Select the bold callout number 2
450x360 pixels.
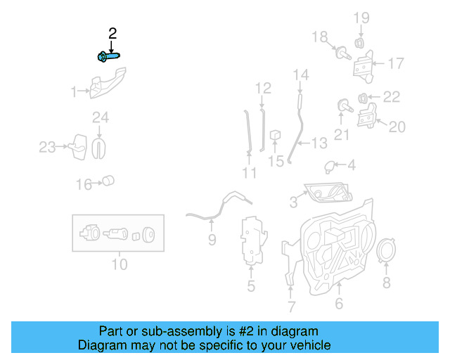pyautogui.click(x=112, y=33)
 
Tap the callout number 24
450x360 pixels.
pyautogui.click(x=100, y=117)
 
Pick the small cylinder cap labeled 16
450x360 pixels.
pyautogui.click(x=108, y=181)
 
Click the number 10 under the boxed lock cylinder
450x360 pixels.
pyautogui.click(x=119, y=265)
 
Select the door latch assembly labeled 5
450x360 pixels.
pyautogui.click(x=251, y=243)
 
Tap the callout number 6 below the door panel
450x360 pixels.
pyautogui.click(x=338, y=304)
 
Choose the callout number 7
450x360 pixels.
pyautogui.click(x=291, y=307)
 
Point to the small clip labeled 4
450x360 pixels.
pyautogui.click(x=329, y=166)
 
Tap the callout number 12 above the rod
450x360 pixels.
pyautogui.click(x=263, y=89)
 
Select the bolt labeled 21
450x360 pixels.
pyautogui.click(x=343, y=106)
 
